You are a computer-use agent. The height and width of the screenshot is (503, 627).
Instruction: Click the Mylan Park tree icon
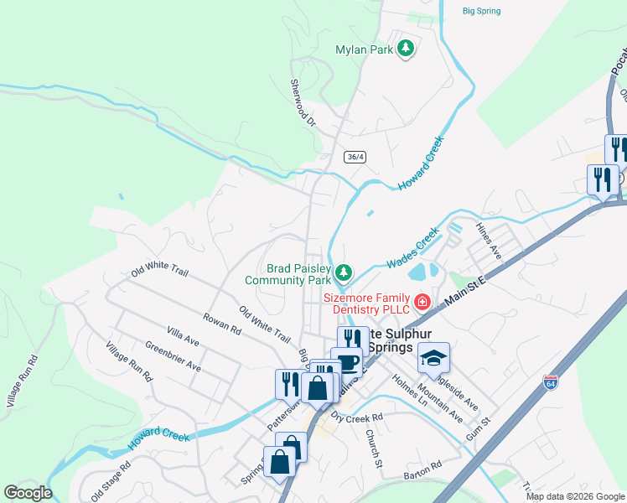(x=406, y=49)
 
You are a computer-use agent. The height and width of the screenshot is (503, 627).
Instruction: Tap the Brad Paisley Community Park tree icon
(x=343, y=272)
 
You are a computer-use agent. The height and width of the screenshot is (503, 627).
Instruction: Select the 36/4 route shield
(x=355, y=157)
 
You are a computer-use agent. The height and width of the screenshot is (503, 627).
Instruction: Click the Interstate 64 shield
(x=551, y=382)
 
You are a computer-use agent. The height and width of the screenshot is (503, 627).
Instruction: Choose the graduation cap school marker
(x=433, y=357)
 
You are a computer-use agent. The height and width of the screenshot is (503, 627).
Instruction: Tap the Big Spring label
(x=481, y=11)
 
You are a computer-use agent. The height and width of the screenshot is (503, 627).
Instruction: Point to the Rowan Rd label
(x=221, y=325)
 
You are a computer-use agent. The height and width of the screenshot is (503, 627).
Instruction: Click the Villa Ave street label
(x=182, y=339)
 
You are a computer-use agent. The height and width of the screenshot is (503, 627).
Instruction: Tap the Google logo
(x=28, y=493)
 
